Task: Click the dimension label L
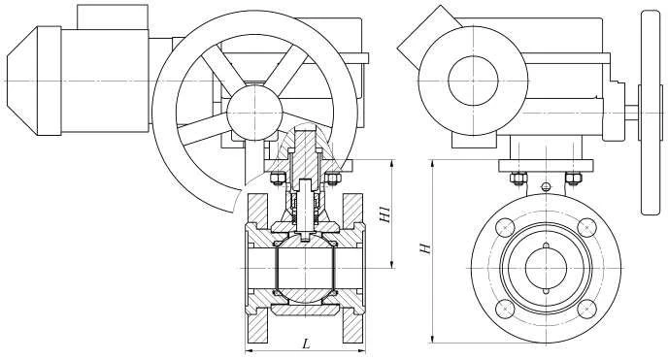(306, 344)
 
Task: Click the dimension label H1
(384, 214)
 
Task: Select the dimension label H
(425, 248)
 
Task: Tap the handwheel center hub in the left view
(254, 113)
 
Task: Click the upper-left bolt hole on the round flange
(505, 227)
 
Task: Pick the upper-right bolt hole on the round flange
(586, 227)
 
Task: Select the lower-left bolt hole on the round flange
(505, 309)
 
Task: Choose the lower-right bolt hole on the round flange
(586, 309)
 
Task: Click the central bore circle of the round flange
(546, 268)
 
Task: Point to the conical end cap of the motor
(22, 81)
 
